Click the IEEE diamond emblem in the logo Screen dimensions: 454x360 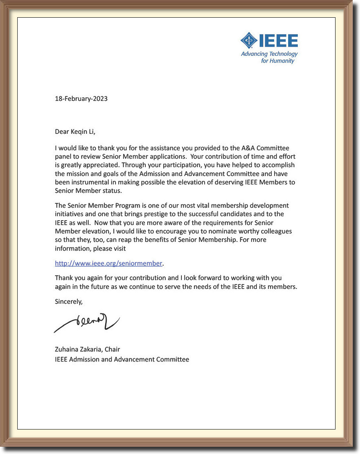coord(249,41)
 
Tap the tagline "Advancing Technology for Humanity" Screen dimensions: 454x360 coord(270,57)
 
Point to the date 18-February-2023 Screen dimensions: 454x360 coord(81,98)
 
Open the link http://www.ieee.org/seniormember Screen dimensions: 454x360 coord(108,264)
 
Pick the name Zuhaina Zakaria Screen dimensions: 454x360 coord(78,349)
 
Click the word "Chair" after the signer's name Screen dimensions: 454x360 coord(112,349)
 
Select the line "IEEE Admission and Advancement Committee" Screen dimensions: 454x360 coord(122,359)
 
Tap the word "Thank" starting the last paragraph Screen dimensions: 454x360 coord(64,278)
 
